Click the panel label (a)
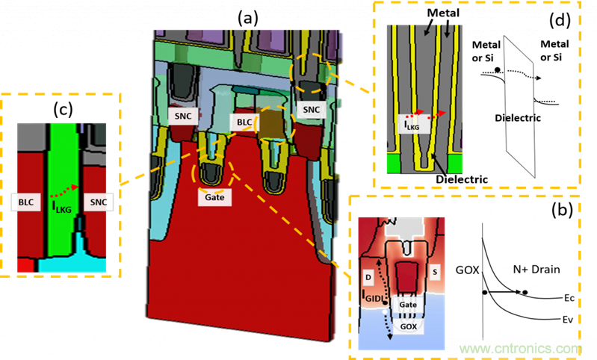247,16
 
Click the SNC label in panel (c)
94,202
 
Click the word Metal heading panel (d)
442,13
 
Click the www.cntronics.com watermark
520,348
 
